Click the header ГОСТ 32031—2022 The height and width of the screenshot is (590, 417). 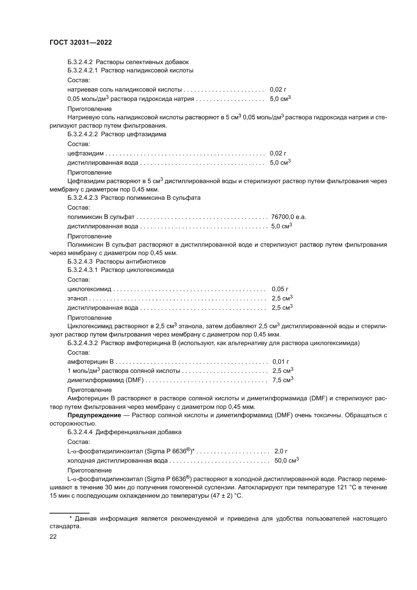coord(81,43)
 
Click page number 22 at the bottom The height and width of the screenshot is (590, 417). coord(53,537)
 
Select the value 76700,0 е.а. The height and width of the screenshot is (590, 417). coord(288,217)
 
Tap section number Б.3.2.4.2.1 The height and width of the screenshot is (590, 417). coord(82,70)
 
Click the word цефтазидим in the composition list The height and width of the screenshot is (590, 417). coord(85,153)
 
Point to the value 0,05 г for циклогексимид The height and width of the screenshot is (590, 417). coord(280,289)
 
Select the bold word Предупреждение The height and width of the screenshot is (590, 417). coord(94,415)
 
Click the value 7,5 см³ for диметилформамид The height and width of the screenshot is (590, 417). coord(283,380)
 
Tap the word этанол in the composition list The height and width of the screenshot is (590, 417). coord(77,298)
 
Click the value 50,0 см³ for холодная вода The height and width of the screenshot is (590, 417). coord(286,461)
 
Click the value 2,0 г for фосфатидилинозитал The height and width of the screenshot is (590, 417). coord(281,451)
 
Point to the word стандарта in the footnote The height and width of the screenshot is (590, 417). coord(65,526)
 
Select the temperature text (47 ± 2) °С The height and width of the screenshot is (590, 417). coord(226,496)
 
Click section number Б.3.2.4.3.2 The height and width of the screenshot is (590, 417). coord(82,343)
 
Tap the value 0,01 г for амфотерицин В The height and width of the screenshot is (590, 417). coord(281,362)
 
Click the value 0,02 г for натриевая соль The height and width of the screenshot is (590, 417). coord(278,90)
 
